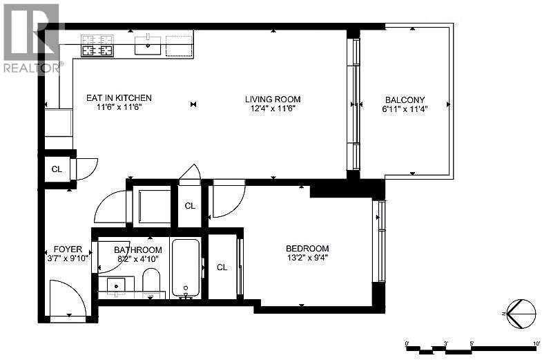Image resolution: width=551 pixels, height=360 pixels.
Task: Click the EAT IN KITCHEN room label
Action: [x=119, y=98]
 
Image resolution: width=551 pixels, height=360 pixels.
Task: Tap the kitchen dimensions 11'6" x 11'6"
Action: [x=119, y=108]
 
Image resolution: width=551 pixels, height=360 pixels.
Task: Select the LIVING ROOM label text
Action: [x=273, y=99]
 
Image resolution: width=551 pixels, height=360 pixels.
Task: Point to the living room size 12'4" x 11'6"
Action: [x=273, y=108]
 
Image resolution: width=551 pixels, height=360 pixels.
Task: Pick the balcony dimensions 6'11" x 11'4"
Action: [x=405, y=108]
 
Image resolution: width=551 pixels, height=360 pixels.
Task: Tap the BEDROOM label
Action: [x=307, y=248]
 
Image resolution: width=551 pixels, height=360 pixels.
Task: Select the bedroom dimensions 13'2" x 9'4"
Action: [x=307, y=258]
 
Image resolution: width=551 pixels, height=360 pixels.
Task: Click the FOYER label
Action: [x=68, y=249]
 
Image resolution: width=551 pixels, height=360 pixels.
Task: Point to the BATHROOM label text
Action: [x=138, y=249]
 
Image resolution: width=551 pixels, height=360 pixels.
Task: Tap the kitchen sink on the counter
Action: [x=146, y=47]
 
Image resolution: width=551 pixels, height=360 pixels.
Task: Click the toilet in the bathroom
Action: [x=151, y=282]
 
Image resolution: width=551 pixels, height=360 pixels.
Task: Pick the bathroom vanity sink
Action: [x=115, y=284]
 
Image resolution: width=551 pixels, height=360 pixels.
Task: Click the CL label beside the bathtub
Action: [x=222, y=267]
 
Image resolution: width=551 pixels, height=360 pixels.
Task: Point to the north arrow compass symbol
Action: [x=521, y=313]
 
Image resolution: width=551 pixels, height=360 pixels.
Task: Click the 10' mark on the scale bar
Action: [x=536, y=342]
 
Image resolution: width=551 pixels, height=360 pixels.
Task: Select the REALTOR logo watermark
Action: [x=31, y=38]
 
